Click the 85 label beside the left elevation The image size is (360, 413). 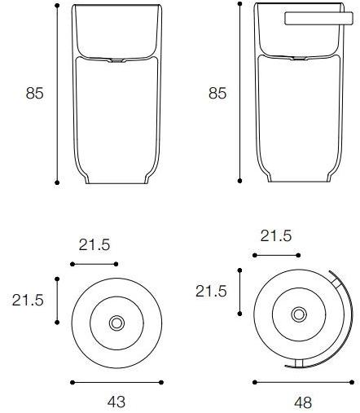coord(34,93)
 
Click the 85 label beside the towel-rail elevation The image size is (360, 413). coord(217,93)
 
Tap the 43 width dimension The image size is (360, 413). coord(116,401)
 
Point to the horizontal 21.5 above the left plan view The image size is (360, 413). coord(94,245)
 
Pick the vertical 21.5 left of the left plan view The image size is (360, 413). coord(27,300)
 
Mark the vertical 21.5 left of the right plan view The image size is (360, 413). coord(210,291)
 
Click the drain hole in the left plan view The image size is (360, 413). coord(116,323)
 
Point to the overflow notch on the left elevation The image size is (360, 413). coord(116,59)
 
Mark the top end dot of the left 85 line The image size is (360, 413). coord(58,6)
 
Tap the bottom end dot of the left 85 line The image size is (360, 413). coord(58,182)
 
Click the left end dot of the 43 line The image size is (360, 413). coord(72,381)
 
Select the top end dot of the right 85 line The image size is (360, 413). coord(241,6)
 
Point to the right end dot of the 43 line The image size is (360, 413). coord(161,381)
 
